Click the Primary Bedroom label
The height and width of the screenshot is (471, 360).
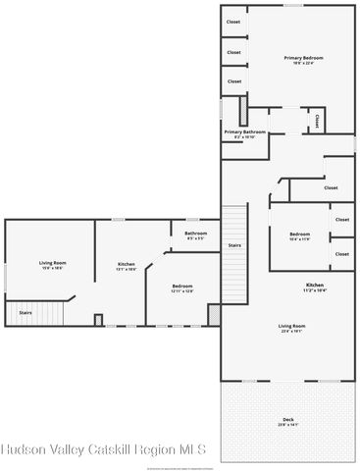coord(296,59)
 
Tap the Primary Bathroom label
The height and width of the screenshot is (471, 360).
coord(244,131)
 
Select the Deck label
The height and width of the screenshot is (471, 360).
coord(287,420)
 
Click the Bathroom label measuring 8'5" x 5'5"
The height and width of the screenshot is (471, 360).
coord(193,234)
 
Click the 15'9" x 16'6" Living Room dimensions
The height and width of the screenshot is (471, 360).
coord(52,268)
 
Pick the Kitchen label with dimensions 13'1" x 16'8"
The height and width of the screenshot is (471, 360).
coord(127,265)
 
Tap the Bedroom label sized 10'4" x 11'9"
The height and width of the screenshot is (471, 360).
coord(299,234)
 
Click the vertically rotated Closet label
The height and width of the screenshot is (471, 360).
coord(317,121)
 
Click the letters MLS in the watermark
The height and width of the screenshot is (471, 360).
coord(190,449)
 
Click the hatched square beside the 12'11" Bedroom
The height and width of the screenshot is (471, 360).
coord(214,314)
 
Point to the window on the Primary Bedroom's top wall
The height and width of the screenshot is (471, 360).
coord(293,5)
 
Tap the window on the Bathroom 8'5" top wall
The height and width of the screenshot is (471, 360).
coord(193,219)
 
